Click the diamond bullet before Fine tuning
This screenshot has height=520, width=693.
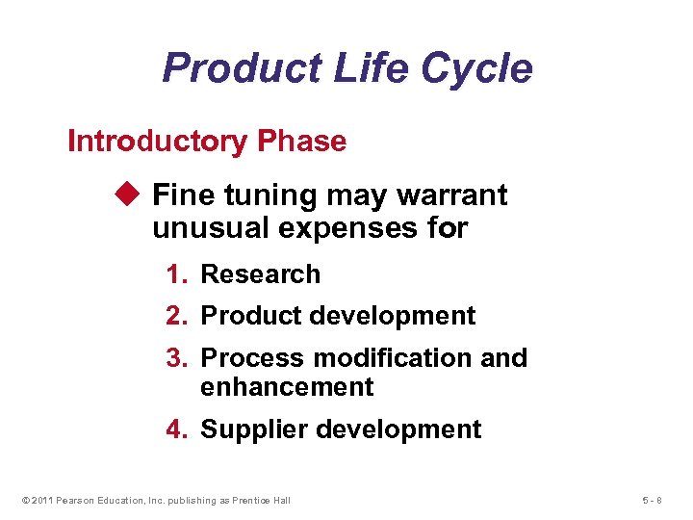click(133, 195)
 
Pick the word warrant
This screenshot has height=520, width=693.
click(451, 195)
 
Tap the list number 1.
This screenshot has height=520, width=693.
click(175, 274)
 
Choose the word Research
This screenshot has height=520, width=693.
click(260, 274)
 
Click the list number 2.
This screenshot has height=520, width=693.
click(175, 316)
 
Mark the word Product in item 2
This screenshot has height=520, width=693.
click(245, 316)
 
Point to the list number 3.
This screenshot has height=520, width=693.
click(175, 358)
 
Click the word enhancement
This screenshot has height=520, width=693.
click(287, 387)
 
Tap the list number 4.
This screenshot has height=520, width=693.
click(175, 429)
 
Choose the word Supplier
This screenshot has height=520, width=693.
click(246, 429)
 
